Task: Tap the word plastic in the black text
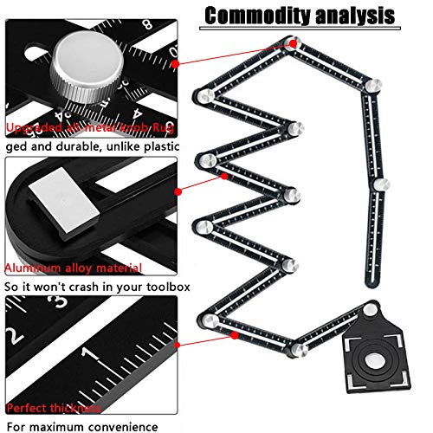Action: (x=162, y=147)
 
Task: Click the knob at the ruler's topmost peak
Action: (x=295, y=41)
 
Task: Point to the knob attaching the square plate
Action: (x=370, y=307)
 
